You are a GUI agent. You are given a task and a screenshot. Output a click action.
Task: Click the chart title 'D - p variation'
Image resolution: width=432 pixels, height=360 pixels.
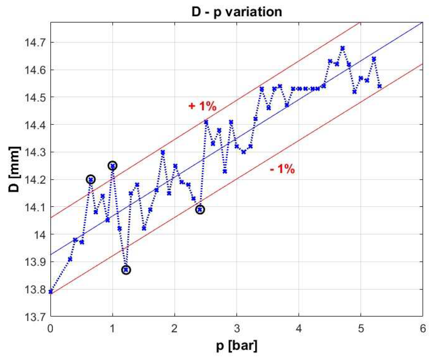pyautogui.click(x=237, y=12)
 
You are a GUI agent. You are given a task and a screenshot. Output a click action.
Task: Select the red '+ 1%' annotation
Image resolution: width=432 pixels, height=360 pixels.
pyautogui.click(x=202, y=106)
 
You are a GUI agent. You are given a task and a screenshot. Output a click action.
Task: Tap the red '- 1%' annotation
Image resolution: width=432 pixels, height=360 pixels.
pyautogui.click(x=282, y=169)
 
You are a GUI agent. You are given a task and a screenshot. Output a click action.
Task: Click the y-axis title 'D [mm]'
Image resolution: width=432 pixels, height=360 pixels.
pyautogui.click(x=14, y=169)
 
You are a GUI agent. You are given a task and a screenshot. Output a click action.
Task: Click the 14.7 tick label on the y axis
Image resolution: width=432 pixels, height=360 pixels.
pyautogui.click(x=35, y=42)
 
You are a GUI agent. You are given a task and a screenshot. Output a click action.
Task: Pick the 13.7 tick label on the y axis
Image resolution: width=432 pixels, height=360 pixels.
pyautogui.click(x=35, y=317)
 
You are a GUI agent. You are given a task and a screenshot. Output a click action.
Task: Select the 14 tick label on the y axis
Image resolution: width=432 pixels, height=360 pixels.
pyautogui.click(x=39, y=234)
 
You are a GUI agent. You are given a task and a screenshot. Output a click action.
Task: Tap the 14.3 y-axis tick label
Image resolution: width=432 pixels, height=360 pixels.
pyautogui.click(x=35, y=152)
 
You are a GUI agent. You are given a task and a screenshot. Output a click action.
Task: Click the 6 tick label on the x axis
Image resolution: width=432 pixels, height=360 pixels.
pyautogui.click(x=423, y=329)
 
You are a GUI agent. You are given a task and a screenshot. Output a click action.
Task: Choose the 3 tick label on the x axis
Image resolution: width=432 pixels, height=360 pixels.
pyautogui.click(x=237, y=329)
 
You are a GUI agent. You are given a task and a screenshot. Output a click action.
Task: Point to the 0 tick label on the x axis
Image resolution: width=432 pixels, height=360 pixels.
pyautogui.click(x=51, y=329)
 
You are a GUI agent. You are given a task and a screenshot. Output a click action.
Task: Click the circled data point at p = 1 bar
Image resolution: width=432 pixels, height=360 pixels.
pyautogui.click(x=113, y=166)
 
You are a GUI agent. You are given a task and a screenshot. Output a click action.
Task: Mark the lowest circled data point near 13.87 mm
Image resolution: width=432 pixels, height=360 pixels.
pyautogui.click(x=126, y=270)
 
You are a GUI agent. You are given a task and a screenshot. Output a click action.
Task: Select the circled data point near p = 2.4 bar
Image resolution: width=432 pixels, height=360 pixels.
pyautogui.click(x=200, y=210)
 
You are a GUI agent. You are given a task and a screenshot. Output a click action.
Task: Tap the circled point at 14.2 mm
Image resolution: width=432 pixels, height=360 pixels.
pyautogui.click(x=91, y=180)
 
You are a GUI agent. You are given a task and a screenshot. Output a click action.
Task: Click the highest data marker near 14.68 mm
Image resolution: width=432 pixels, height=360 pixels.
pyautogui.click(x=342, y=48)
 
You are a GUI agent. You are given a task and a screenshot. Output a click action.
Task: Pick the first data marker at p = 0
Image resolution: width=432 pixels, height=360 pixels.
pyautogui.click(x=51, y=292)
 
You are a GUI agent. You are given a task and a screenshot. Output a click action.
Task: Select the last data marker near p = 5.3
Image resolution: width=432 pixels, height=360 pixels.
pyautogui.click(x=379, y=86)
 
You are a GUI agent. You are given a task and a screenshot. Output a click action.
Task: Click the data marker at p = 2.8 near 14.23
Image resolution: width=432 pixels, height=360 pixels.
pyautogui.click(x=225, y=171)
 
